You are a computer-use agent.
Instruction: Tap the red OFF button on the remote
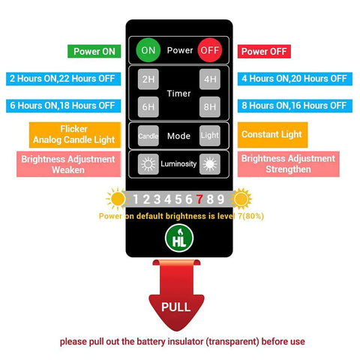point(210,50)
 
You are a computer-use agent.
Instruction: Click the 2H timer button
point(148,79)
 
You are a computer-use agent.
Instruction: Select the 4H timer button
point(210,79)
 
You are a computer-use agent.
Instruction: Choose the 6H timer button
point(148,106)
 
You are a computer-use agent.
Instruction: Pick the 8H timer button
point(210,106)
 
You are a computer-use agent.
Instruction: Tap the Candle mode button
point(148,136)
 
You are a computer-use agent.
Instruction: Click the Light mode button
point(210,136)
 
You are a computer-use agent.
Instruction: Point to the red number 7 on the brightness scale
point(199,199)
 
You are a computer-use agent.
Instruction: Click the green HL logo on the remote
point(179,238)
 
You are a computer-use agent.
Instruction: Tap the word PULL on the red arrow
point(176,307)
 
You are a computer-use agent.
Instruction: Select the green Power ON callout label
point(94,51)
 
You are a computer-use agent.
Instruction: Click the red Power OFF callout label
point(264,51)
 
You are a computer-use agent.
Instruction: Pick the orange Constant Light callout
point(272,135)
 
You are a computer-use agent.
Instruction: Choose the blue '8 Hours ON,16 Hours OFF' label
point(295,106)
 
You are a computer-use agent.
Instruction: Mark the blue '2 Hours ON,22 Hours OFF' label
point(64,79)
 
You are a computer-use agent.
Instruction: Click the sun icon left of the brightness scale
point(116,199)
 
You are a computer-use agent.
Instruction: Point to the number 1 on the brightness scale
point(136,199)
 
